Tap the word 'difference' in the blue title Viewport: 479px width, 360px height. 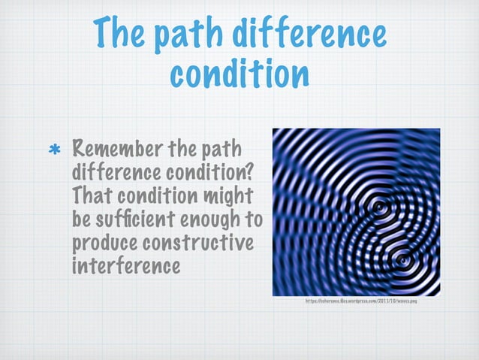point(323,34)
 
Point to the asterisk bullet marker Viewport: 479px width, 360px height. point(55,151)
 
